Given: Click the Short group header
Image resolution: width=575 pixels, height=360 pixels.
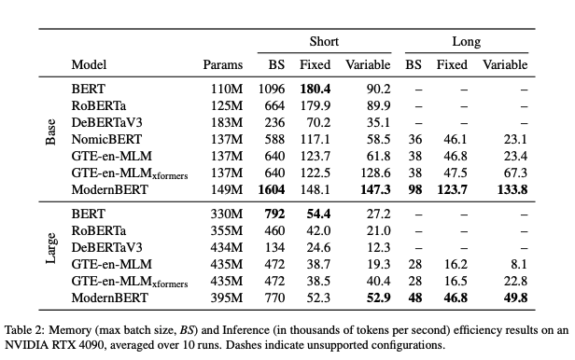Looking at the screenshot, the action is (324, 42).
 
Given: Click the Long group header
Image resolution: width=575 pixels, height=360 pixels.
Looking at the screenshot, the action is (467, 42).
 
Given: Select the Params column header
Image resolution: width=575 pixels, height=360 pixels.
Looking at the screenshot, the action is (222, 64).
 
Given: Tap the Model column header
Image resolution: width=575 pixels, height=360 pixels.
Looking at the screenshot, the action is (89, 64).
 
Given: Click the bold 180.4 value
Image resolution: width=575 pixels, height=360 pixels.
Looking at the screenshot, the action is (315, 88).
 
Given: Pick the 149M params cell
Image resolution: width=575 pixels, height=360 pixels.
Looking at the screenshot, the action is (227, 189).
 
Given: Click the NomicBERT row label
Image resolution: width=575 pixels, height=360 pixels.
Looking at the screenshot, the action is (103, 138).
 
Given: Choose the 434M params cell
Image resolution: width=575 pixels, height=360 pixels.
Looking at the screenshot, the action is (227, 247).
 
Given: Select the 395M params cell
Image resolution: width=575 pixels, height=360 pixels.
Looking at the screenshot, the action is (227, 298).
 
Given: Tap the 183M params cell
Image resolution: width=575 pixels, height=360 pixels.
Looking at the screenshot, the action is (227, 121).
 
